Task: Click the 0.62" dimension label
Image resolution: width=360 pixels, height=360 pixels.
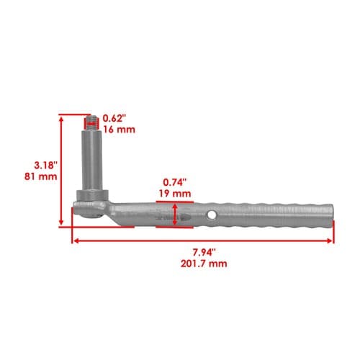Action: pyautogui.click(x=114, y=118)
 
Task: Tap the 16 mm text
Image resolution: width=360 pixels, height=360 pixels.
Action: pyautogui.click(x=120, y=130)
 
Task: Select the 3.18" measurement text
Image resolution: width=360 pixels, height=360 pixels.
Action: pyautogui.click(x=46, y=165)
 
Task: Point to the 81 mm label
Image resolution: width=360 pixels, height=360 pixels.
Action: pyautogui.click(x=41, y=176)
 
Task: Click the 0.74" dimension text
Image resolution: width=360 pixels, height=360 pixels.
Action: pyautogui.click(x=175, y=182)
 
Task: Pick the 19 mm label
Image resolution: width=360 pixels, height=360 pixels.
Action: pyautogui.click(x=175, y=194)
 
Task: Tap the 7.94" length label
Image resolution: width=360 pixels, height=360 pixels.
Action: pyautogui.click(x=204, y=253)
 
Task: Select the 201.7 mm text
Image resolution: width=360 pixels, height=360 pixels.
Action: pyautogui.click(x=204, y=264)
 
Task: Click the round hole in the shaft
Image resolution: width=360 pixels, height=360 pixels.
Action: pyautogui.click(x=212, y=215)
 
